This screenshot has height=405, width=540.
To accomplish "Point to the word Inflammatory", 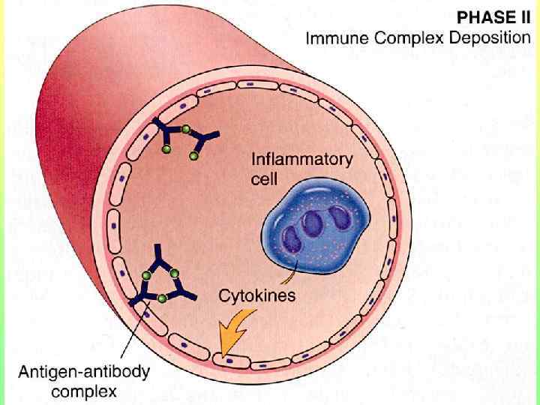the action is click(300, 160).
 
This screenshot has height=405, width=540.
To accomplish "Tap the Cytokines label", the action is click(256, 295).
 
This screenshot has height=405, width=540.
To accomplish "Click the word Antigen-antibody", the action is click(84, 372).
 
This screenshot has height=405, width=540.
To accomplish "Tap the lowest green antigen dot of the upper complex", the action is click(194, 157).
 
